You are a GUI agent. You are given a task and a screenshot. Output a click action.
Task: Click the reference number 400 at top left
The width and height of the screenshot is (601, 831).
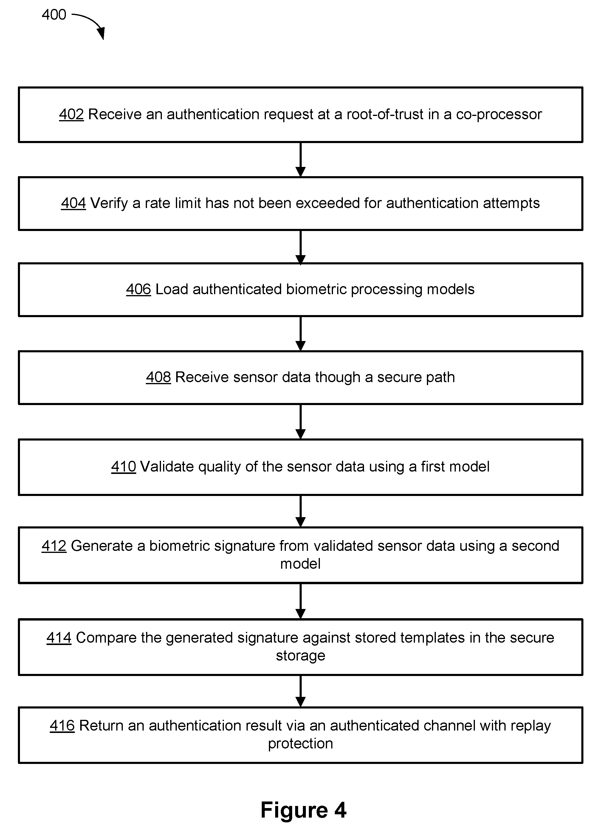[54, 15]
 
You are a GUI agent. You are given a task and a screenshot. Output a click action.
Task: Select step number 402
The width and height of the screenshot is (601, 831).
[72, 114]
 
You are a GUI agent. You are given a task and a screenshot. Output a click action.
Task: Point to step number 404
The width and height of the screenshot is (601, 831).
[73, 203]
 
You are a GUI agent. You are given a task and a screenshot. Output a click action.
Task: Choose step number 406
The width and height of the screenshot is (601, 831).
[139, 289]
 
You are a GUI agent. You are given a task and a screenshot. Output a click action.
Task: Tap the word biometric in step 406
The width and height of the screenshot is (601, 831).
[316, 289]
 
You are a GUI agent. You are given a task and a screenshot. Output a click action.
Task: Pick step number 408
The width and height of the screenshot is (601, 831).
[158, 377]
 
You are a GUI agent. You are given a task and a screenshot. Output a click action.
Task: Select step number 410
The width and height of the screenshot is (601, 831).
[123, 466]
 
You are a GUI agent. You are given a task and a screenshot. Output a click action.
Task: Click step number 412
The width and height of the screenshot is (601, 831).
[54, 545]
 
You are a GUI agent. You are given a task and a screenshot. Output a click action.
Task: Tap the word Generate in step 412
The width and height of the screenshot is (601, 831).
[102, 545]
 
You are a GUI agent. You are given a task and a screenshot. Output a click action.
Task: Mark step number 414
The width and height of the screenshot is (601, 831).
[59, 638]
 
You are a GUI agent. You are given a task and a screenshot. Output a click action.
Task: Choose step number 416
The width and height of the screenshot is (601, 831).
[62, 725]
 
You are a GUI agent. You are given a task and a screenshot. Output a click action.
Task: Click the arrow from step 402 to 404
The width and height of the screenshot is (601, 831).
[300, 160]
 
